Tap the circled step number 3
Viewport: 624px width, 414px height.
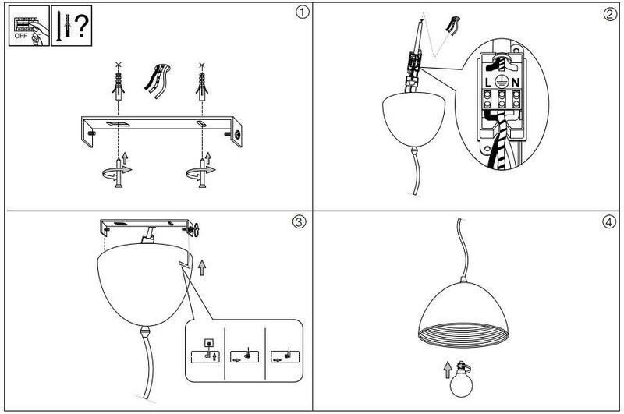[298, 222]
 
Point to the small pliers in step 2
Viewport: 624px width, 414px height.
[450, 25]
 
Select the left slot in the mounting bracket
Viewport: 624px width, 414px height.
[119, 124]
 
